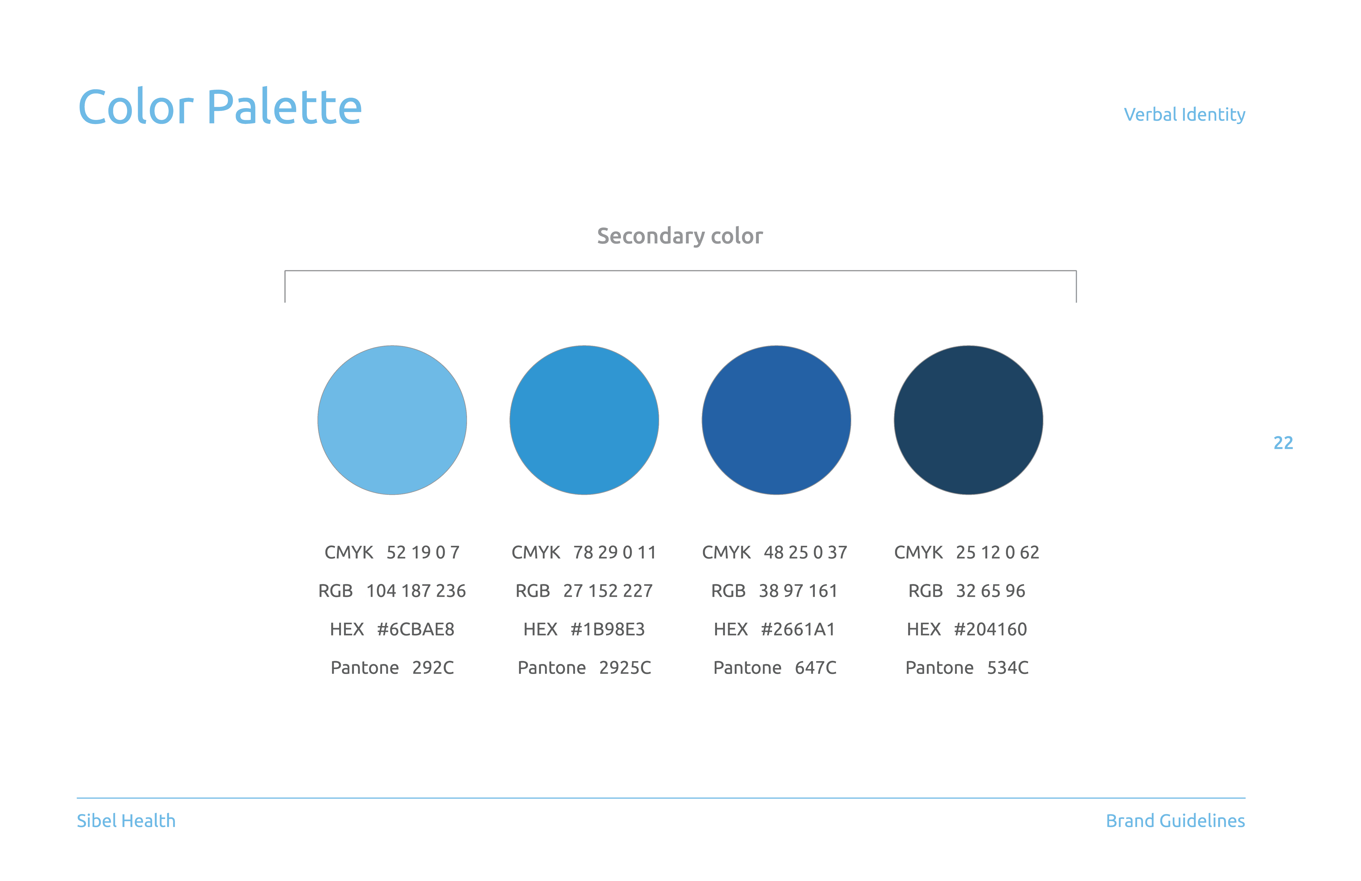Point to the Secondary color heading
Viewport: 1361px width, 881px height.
pyautogui.click(x=680, y=236)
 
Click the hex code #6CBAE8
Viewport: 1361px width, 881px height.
pyautogui.click(x=416, y=629)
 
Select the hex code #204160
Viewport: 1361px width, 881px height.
pyautogui.click(x=990, y=629)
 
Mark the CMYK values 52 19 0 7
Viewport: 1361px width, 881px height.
pyautogui.click(x=423, y=553)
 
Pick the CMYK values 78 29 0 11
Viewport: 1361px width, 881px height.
pyautogui.click(x=615, y=553)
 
